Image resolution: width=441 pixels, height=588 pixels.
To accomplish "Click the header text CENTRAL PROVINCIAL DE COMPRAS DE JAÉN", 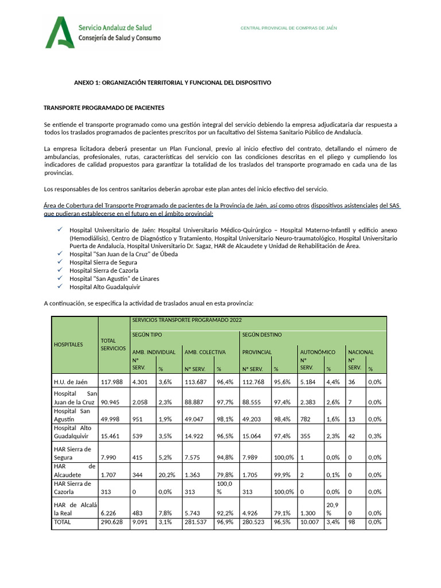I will click(288, 28).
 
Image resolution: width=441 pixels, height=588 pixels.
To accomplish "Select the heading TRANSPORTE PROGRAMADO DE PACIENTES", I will click(104, 108).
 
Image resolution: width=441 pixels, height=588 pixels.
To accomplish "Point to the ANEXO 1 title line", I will click(172, 83).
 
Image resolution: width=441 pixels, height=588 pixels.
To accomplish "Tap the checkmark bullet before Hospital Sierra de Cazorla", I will click(60, 270).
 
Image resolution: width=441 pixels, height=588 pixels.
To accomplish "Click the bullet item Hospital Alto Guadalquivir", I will click(105, 287).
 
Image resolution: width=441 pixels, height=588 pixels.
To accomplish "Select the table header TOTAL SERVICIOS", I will click(113, 345).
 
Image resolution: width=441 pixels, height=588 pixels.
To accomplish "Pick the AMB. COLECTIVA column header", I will click(204, 352).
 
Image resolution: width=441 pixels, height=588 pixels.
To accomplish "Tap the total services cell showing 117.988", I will click(113, 382).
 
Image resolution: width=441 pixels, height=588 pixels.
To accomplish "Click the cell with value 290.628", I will click(113, 523).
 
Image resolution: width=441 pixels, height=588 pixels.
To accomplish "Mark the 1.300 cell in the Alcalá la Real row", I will click(309, 513).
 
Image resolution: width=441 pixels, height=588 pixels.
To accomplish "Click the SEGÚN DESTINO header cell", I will click(261, 334).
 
